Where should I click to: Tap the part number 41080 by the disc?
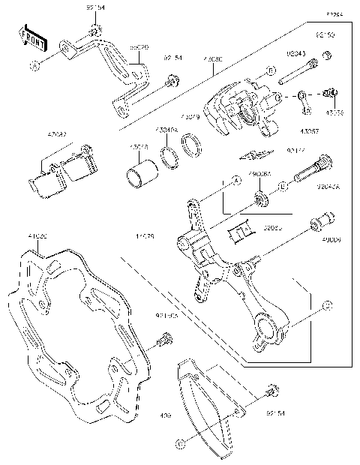coord(37,236)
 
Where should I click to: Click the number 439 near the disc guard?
coord(166,415)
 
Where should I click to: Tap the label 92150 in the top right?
coord(325,35)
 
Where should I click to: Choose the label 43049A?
coord(166,130)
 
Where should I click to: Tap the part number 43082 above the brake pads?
coord(57,134)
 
